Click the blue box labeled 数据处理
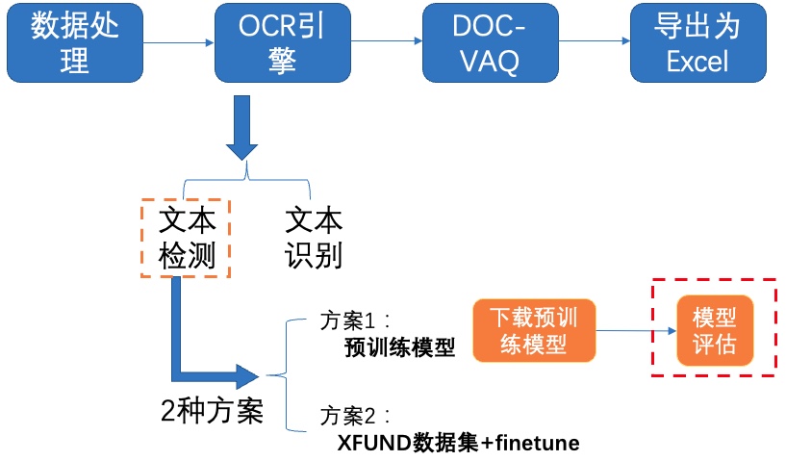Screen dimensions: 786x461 click(x=75, y=43)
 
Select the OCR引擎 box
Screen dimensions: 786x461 click(x=283, y=43)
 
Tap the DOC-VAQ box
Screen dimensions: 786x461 click(x=491, y=43)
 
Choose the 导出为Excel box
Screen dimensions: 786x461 click(x=697, y=43)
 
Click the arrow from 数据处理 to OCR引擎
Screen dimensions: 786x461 click(x=179, y=42)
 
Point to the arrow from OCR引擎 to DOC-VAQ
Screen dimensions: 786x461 click(x=387, y=40)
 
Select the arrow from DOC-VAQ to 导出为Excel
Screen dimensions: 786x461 click(x=595, y=40)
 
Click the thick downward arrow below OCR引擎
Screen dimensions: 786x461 click(x=242, y=128)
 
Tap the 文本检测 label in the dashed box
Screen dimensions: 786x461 click(x=187, y=239)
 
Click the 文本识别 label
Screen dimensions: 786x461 click(x=314, y=239)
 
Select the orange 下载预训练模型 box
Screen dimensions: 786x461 click(x=534, y=330)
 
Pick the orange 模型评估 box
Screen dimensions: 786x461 click(x=715, y=330)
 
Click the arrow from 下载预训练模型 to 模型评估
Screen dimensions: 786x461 click(x=636, y=330)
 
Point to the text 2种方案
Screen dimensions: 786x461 click(x=212, y=411)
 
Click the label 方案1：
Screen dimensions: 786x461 click(x=355, y=321)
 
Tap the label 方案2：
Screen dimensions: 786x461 click(x=355, y=417)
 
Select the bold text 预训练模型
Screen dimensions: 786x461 click(x=400, y=347)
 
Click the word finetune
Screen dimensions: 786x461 click(x=538, y=443)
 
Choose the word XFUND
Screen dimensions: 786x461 click(x=374, y=443)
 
